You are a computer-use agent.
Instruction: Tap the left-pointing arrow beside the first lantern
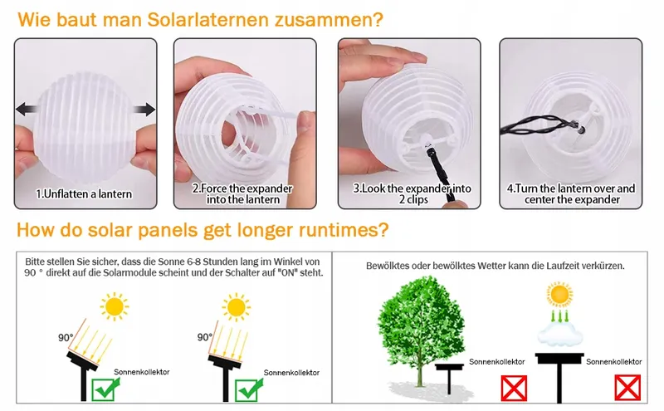(x=26, y=110)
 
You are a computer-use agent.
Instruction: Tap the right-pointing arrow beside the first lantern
(x=144, y=110)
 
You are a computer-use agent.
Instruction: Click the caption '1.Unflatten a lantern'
(x=84, y=194)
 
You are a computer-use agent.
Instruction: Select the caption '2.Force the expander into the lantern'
(x=242, y=194)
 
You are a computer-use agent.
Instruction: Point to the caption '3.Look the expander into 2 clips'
(x=413, y=194)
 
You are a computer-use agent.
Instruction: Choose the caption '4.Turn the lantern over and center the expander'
(x=571, y=194)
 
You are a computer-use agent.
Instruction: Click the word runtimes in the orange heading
(x=344, y=230)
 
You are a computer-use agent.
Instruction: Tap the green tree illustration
(x=421, y=331)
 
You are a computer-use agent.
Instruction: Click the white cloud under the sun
(x=559, y=332)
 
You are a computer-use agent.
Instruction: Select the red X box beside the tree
(x=514, y=388)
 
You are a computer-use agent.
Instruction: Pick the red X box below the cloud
(x=627, y=388)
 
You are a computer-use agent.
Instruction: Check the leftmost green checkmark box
(x=103, y=389)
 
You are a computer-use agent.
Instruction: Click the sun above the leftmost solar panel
(x=115, y=306)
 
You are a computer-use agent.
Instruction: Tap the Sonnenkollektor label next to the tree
(x=496, y=362)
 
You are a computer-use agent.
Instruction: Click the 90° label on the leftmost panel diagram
(x=66, y=338)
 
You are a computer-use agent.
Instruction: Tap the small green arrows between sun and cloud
(x=559, y=316)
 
